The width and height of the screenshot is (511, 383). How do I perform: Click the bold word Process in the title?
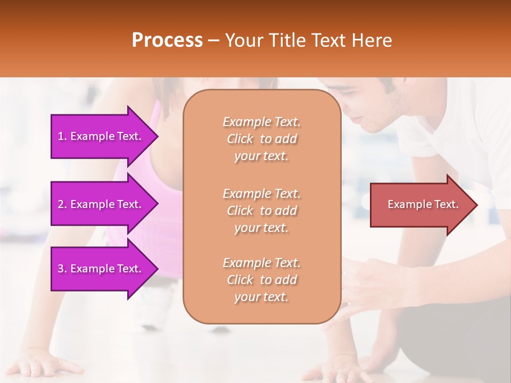click(x=167, y=40)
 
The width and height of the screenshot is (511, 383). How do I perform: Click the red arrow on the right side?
click(x=421, y=205)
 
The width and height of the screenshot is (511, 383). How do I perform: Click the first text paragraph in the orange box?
click(x=261, y=139)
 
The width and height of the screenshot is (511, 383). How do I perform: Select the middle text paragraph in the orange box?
click(x=261, y=211)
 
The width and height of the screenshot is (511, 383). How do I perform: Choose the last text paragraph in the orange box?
click(x=261, y=280)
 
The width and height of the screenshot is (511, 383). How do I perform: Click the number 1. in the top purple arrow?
click(x=62, y=136)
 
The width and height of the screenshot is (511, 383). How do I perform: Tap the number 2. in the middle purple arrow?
click(x=62, y=204)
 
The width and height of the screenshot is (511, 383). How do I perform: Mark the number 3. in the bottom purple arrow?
click(x=62, y=269)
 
